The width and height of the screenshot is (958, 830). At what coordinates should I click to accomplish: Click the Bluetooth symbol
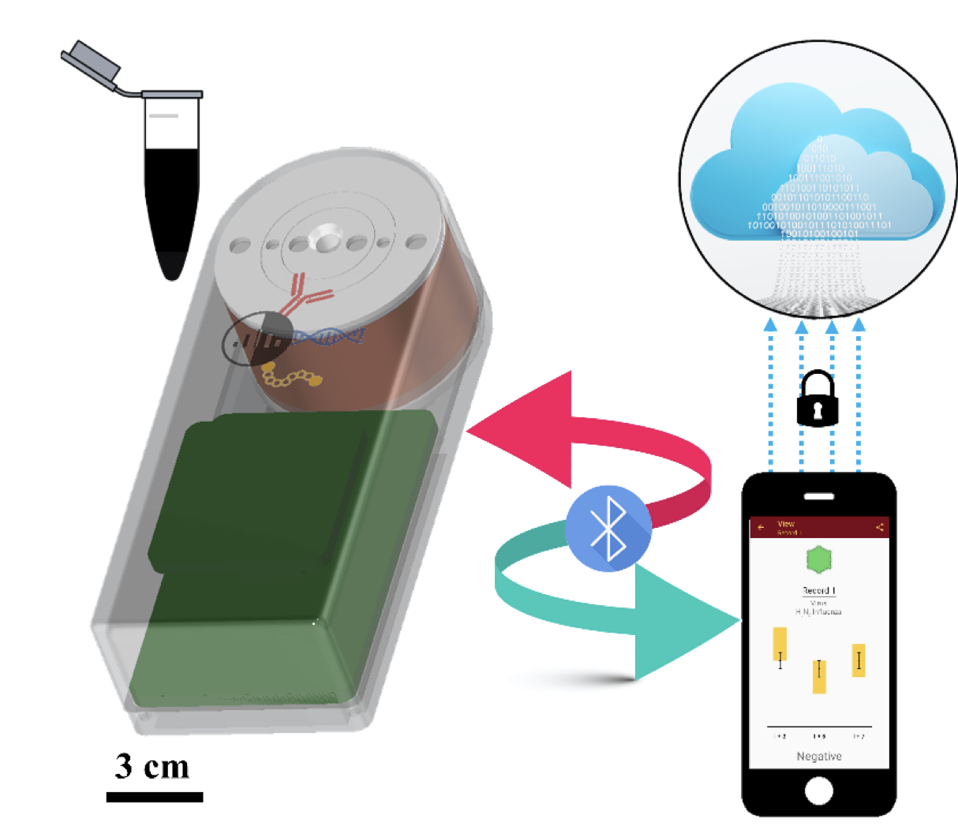(608, 528)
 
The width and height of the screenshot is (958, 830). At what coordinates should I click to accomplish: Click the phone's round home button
(818, 791)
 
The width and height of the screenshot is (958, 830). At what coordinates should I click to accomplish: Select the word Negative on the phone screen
(819, 757)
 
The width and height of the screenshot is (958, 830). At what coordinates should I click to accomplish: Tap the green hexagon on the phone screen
(819, 559)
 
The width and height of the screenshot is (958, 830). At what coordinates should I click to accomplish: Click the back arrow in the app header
(761, 527)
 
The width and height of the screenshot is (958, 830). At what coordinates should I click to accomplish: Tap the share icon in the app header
(879, 527)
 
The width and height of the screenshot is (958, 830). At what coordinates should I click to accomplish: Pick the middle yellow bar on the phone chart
(819, 677)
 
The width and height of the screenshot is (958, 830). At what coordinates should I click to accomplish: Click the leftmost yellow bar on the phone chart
(780, 645)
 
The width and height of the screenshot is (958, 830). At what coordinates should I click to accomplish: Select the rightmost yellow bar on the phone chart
(859, 660)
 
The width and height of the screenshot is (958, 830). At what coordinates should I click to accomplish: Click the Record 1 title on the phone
(819, 590)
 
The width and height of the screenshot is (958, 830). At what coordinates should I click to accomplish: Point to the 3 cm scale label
(152, 766)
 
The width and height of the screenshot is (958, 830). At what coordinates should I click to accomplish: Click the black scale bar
(155, 797)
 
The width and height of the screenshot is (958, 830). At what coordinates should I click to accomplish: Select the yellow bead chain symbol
(290, 376)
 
